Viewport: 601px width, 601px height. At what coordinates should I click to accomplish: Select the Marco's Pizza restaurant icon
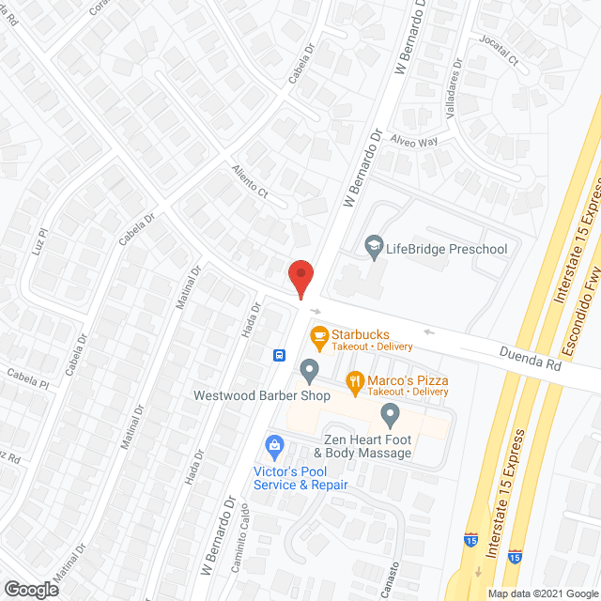click(x=354, y=380)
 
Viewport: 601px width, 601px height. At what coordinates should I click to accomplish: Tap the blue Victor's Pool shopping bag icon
click(x=274, y=443)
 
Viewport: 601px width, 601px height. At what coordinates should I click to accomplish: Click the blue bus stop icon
click(x=279, y=355)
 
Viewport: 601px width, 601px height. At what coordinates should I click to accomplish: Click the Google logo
click(x=30, y=590)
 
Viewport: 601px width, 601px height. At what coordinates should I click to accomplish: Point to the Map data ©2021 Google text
click(x=542, y=593)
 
